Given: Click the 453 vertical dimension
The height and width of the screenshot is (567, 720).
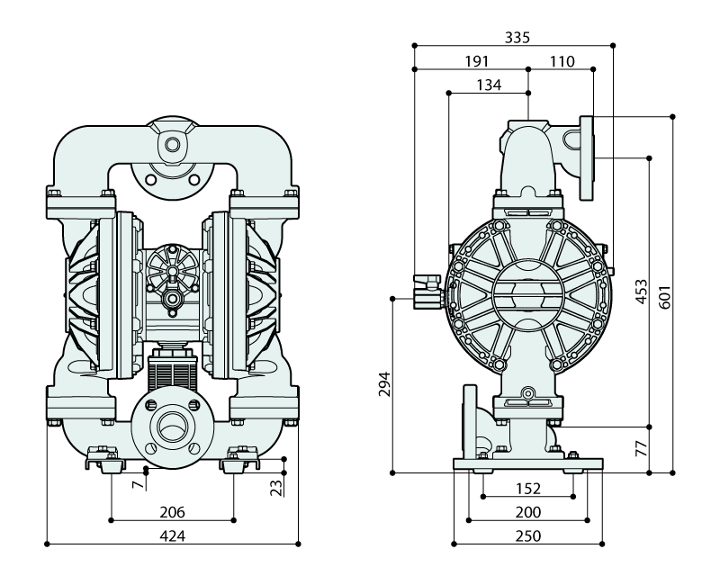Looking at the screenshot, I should pyautogui.click(x=642, y=292).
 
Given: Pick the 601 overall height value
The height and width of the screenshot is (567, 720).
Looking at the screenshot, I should pyautogui.click(x=666, y=293).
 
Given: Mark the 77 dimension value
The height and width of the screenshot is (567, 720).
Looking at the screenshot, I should pyautogui.click(x=642, y=448).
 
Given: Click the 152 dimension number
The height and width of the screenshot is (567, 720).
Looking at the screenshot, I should pyautogui.click(x=528, y=489).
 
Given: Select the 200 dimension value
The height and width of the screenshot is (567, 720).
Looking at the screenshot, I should pyautogui.click(x=528, y=512).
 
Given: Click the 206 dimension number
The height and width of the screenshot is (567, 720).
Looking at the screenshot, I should pyautogui.click(x=172, y=512).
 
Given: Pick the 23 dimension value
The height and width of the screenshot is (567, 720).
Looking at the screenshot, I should pyautogui.click(x=277, y=486).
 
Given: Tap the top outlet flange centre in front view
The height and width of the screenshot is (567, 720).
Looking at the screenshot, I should pyautogui.click(x=172, y=143).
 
